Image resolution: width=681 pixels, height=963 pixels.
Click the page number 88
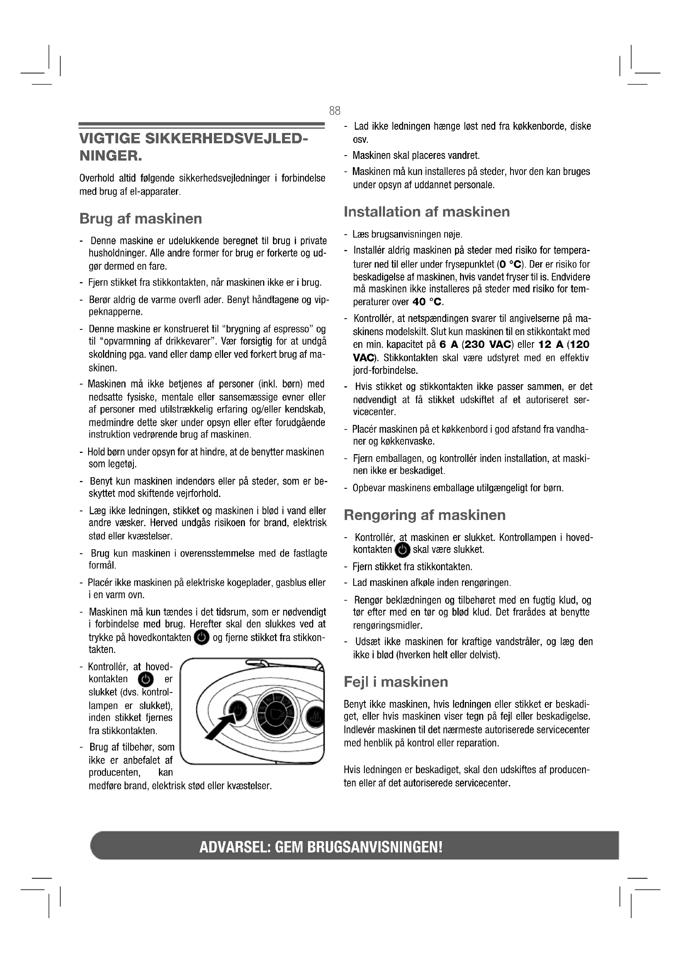[x=335, y=111]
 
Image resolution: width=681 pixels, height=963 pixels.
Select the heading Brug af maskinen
[x=140, y=219]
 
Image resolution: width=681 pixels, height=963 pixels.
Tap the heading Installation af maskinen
[x=427, y=212]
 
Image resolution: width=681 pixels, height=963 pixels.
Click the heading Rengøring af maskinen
[x=424, y=515]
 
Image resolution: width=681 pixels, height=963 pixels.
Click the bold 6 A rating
[x=448, y=345]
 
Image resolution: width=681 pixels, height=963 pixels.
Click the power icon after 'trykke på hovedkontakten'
[x=202, y=637]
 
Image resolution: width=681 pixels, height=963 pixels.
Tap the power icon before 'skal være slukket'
[x=403, y=550]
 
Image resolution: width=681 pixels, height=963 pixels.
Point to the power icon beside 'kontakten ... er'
[x=145, y=679]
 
